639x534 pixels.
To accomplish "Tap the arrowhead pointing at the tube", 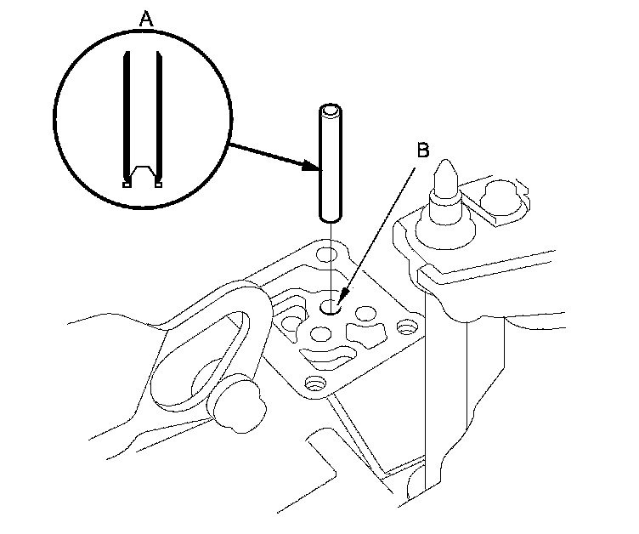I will [x=310, y=167].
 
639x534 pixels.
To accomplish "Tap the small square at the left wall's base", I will [x=127, y=182].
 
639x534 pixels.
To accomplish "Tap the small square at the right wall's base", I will [x=158, y=182].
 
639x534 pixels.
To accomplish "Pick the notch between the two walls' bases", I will [x=142, y=173].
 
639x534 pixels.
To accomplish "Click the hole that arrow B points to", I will [x=331, y=305].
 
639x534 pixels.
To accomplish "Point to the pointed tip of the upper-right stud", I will [x=444, y=166].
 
